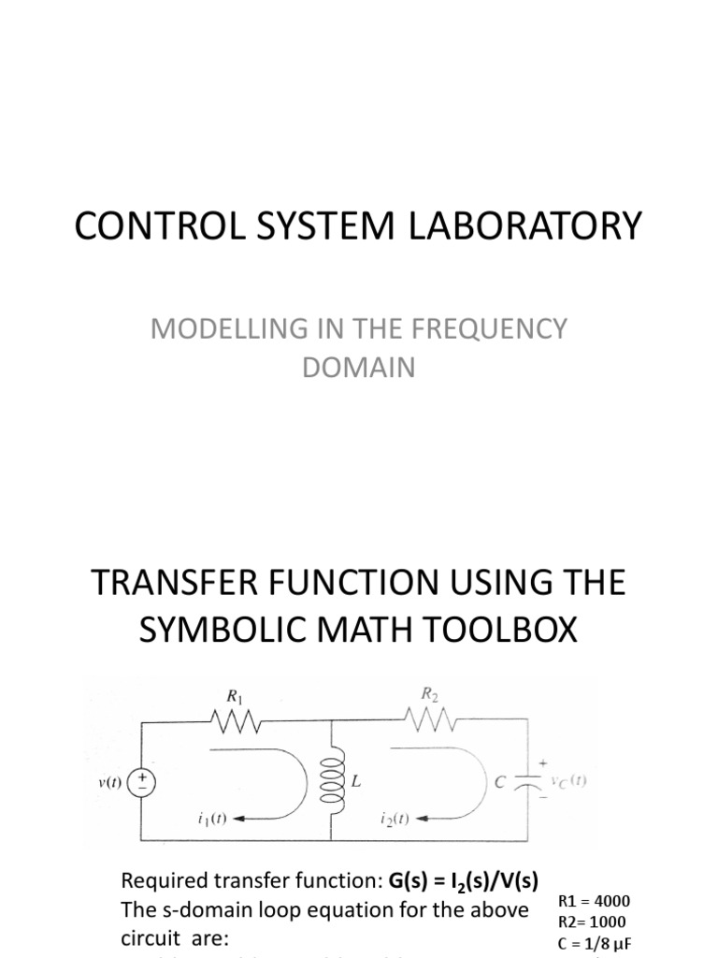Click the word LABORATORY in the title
coord(536,226)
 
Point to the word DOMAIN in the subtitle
coord(358,368)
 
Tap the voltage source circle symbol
coord(141,780)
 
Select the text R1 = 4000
coord(594,902)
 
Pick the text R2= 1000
coord(592,922)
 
